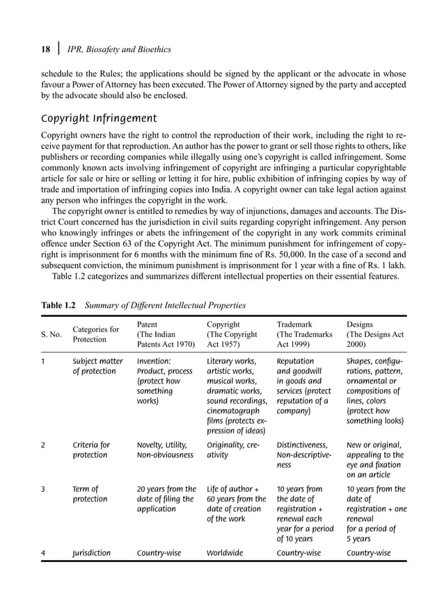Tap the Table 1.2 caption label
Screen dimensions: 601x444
[58, 304]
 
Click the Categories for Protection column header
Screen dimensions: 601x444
[96, 334]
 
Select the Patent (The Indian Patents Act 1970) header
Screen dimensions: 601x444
[166, 334]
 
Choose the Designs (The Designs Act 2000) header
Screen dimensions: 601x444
[375, 334]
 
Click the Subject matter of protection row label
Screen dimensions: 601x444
[98, 366]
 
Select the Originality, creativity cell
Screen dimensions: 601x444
[235, 450]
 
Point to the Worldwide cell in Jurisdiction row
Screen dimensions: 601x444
[225, 553]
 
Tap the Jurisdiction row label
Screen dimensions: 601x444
[92, 553]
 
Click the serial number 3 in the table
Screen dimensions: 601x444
[43, 488]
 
